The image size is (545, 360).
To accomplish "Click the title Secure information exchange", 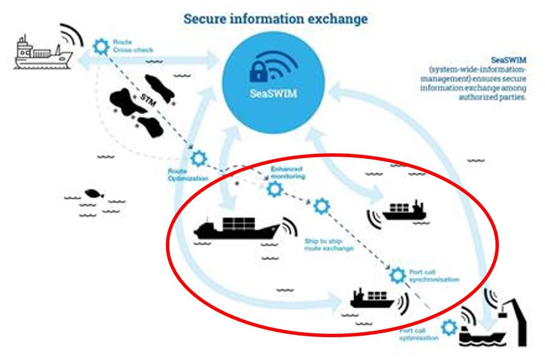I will (275, 19).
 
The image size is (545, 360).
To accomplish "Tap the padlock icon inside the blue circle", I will (258, 71).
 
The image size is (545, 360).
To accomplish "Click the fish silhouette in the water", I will (94, 194).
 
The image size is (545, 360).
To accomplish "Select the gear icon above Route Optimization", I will (198, 158).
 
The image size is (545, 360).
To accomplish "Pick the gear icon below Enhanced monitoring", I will (275, 189).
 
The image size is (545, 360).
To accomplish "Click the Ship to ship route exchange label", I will (329, 245).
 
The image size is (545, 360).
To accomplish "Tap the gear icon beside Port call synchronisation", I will (398, 276).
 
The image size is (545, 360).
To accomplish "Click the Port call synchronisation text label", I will (433, 276).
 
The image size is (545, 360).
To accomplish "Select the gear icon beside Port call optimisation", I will (450, 327).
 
